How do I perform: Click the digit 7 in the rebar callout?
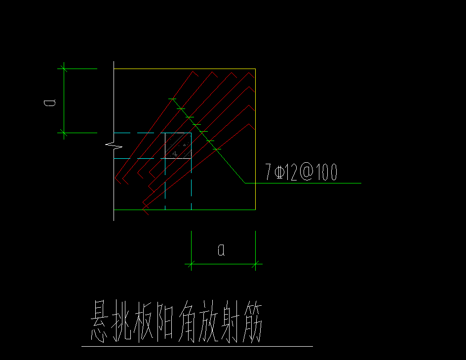(x=269, y=172)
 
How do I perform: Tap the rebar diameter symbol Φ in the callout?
(x=279, y=172)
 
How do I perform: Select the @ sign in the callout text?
(x=307, y=172)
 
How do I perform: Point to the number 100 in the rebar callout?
(x=326, y=172)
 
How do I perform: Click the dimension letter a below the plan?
(x=222, y=250)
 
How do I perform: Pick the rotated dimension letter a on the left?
(x=50, y=103)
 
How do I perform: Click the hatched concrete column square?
(x=178, y=145)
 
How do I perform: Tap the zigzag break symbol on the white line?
(x=114, y=145)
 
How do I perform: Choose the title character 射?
(x=231, y=322)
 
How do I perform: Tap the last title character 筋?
(x=253, y=323)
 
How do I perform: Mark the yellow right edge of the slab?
(x=255, y=139)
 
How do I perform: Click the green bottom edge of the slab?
(x=185, y=210)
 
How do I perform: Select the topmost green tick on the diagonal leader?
(x=172, y=99)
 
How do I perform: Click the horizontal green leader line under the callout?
(x=303, y=183)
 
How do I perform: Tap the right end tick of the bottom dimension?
(x=255, y=264)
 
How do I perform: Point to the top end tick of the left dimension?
(x=64, y=69)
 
